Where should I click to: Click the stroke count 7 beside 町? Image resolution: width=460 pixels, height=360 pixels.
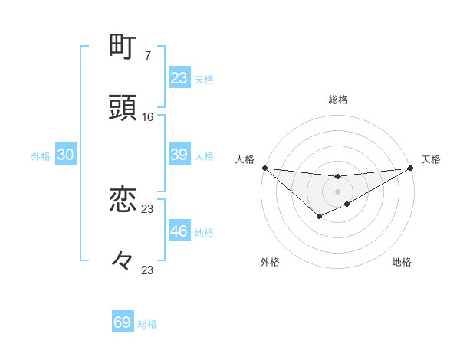(x=147, y=55)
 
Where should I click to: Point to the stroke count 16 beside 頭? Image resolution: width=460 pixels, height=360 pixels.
(x=148, y=116)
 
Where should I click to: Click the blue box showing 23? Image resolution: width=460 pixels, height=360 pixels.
(x=179, y=78)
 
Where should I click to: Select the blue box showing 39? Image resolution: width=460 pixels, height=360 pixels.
(x=179, y=155)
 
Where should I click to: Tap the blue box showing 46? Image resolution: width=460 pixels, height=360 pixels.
(x=179, y=231)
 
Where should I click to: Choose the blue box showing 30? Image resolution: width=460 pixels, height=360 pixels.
(x=66, y=155)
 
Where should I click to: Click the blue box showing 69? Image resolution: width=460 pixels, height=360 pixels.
(x=123, y=322)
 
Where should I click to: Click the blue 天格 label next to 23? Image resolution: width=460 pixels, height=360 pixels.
(x=204, y=80)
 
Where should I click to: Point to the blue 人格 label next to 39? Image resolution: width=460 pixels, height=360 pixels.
(x=204, y=156)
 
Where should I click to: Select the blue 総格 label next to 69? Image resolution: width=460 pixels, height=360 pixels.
(x=147, y=324)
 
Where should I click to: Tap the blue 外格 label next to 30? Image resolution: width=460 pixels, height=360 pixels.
(x=41, y=156)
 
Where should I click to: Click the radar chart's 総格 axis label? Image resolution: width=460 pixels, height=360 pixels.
(x=338, y=100)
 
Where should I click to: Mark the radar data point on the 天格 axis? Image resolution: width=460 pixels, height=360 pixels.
(x=411, y=168)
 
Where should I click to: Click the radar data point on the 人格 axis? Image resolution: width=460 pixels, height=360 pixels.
(x=264, y=168)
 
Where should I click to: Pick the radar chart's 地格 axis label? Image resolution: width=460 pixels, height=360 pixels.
(x=402, y=262)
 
